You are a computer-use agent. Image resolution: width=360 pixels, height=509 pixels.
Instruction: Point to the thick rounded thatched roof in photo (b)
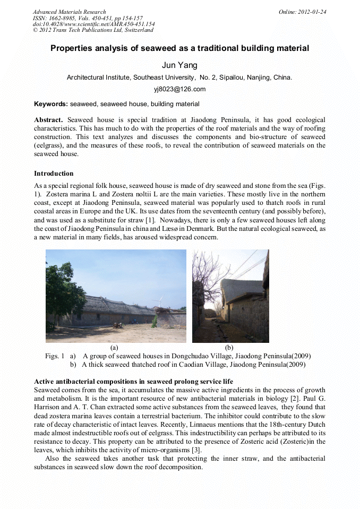[x=242, y=290]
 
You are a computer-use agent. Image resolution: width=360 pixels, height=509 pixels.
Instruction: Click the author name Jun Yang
[x=179, y=65]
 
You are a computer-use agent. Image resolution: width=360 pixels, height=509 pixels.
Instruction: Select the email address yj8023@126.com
[x=179, y=89]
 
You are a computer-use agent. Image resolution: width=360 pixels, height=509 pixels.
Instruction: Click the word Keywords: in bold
[x=51, y=104]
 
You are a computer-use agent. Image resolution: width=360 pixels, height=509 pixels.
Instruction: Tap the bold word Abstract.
[x=48, y=120]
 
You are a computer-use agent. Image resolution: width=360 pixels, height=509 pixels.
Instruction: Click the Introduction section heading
[x=54, y=174]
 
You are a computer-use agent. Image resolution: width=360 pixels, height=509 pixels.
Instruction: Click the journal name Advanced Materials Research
[x=69, y=12]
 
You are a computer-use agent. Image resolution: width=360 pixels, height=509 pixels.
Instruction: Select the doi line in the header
[x=93, y=24]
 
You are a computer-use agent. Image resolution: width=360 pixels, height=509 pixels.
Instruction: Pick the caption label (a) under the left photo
[x=114, y=348]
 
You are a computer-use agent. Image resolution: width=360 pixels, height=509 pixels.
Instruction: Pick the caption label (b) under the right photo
[x=229, y=348]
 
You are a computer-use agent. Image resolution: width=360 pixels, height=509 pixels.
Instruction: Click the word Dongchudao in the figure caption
[x=188, y=356]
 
